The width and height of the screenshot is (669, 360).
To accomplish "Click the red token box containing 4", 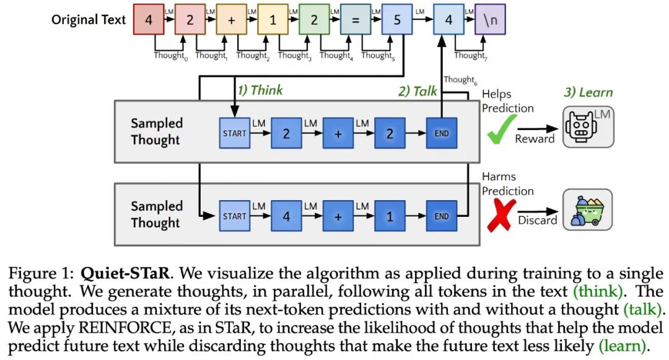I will (x=148, y=20).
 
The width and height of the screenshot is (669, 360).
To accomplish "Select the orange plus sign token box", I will (x=231, y=20).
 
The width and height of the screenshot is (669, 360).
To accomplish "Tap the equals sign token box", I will (x=355, y=20).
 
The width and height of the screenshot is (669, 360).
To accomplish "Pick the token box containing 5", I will (x=397, y=20).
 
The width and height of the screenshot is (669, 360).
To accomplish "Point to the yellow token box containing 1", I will (x=273, y=20).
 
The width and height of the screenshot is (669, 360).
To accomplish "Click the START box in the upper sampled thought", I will (x=235, y=133).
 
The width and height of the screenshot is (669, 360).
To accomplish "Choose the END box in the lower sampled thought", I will (x=442, y=217).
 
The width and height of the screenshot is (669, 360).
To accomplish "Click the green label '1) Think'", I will (x=260, y=90).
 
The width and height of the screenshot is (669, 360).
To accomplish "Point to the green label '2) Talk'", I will (x=418, y=91).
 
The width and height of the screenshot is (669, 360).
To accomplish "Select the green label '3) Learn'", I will (x=588, y=92).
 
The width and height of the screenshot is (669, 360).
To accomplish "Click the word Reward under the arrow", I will (x=535, y=139).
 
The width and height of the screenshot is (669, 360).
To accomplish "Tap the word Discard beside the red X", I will (x=537, y=220).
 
